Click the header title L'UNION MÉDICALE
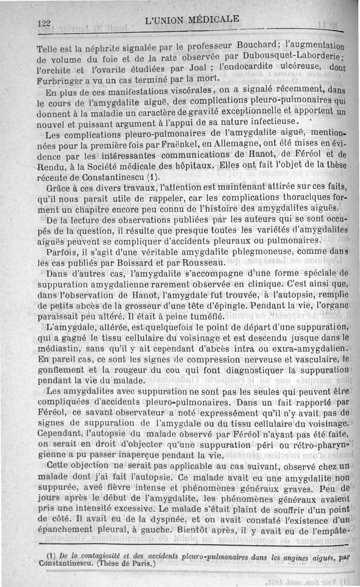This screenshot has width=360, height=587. pyautogui.click(x=193, y=19)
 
